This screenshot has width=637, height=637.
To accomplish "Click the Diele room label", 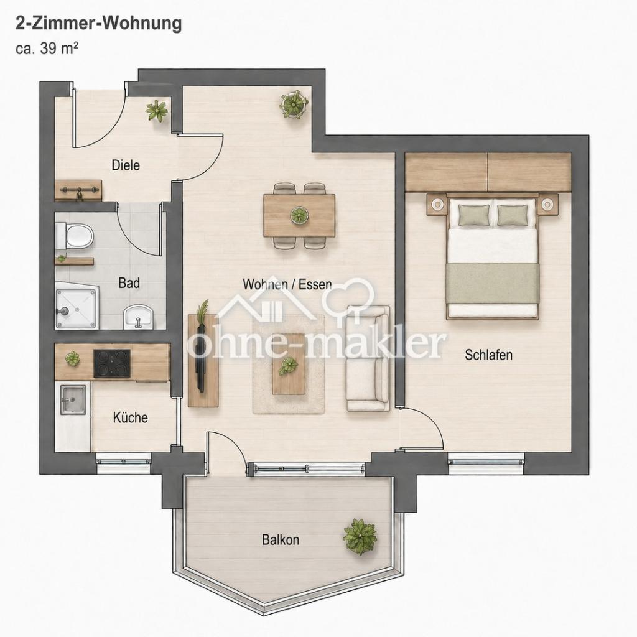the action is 126,165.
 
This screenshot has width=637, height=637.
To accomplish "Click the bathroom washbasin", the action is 138,317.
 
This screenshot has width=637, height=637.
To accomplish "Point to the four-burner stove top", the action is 112,363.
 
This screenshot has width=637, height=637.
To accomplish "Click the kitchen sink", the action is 73,400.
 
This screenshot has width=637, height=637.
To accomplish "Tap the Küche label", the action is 131,417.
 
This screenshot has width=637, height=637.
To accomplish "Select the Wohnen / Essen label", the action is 287,284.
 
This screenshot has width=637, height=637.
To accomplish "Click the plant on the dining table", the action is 299,215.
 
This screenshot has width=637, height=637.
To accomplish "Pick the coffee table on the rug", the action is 289,363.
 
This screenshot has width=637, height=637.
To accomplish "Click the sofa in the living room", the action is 368,358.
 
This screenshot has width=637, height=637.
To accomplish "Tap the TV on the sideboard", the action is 201,355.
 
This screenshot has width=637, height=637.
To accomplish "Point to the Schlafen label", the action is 489,355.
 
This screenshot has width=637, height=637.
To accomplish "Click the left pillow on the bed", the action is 474,215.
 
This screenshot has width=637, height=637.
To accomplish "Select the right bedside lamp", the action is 547,203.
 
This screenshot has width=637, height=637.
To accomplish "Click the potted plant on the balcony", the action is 360,536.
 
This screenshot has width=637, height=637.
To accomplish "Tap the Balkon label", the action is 281,540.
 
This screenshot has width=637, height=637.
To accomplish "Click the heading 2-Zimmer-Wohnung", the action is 99,24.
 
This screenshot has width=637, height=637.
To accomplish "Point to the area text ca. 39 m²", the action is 47,49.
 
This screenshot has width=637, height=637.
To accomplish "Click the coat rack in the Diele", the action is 79,190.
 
